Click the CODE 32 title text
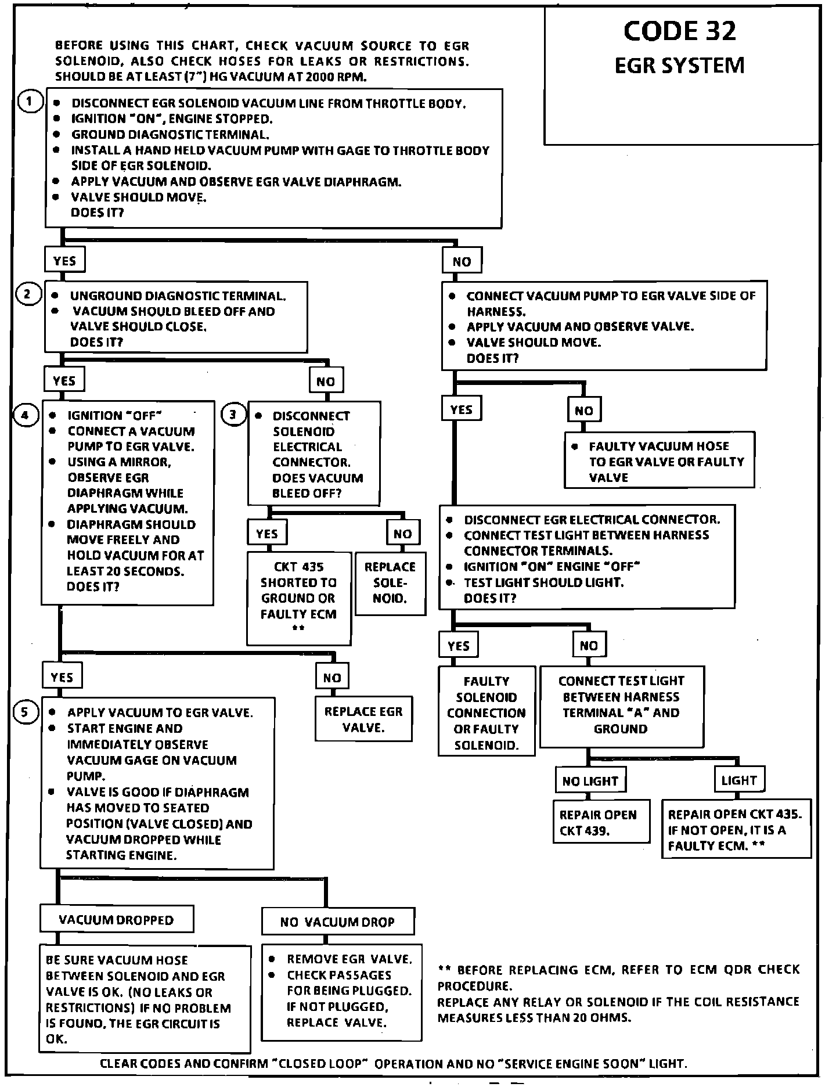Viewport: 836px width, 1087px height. (x=679, y=31)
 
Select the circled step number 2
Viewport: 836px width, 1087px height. (x=27, y=295)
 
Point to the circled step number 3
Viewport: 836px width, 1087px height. (x=233, y=415)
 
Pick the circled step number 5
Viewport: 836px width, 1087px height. (x=25, y=712)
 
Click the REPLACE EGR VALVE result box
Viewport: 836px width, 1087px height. (x=363, y=719)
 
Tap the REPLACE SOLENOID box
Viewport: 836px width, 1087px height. (x=390, y=582)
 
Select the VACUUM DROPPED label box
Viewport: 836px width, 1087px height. (x=117, y=920)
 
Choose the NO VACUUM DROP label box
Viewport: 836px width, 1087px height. (x=338, y=922)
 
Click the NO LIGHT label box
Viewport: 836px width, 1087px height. (x=590, y=781)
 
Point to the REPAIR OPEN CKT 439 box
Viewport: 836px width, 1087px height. (x=601, y=822)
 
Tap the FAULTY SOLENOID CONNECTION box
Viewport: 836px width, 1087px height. (x=487, y=713)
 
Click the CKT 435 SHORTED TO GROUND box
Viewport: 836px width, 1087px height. (x=299, y=598)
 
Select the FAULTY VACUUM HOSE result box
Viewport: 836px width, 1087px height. (x=660, y=462)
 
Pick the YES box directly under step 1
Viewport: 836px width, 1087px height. (x=64, y=261)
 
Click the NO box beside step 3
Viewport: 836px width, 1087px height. (x=402, y=534)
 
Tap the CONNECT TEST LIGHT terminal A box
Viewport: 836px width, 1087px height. (x=621, y=705)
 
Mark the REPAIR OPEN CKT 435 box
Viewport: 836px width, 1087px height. (x=736, y=830)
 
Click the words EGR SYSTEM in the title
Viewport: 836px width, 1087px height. (x=679, y=66)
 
